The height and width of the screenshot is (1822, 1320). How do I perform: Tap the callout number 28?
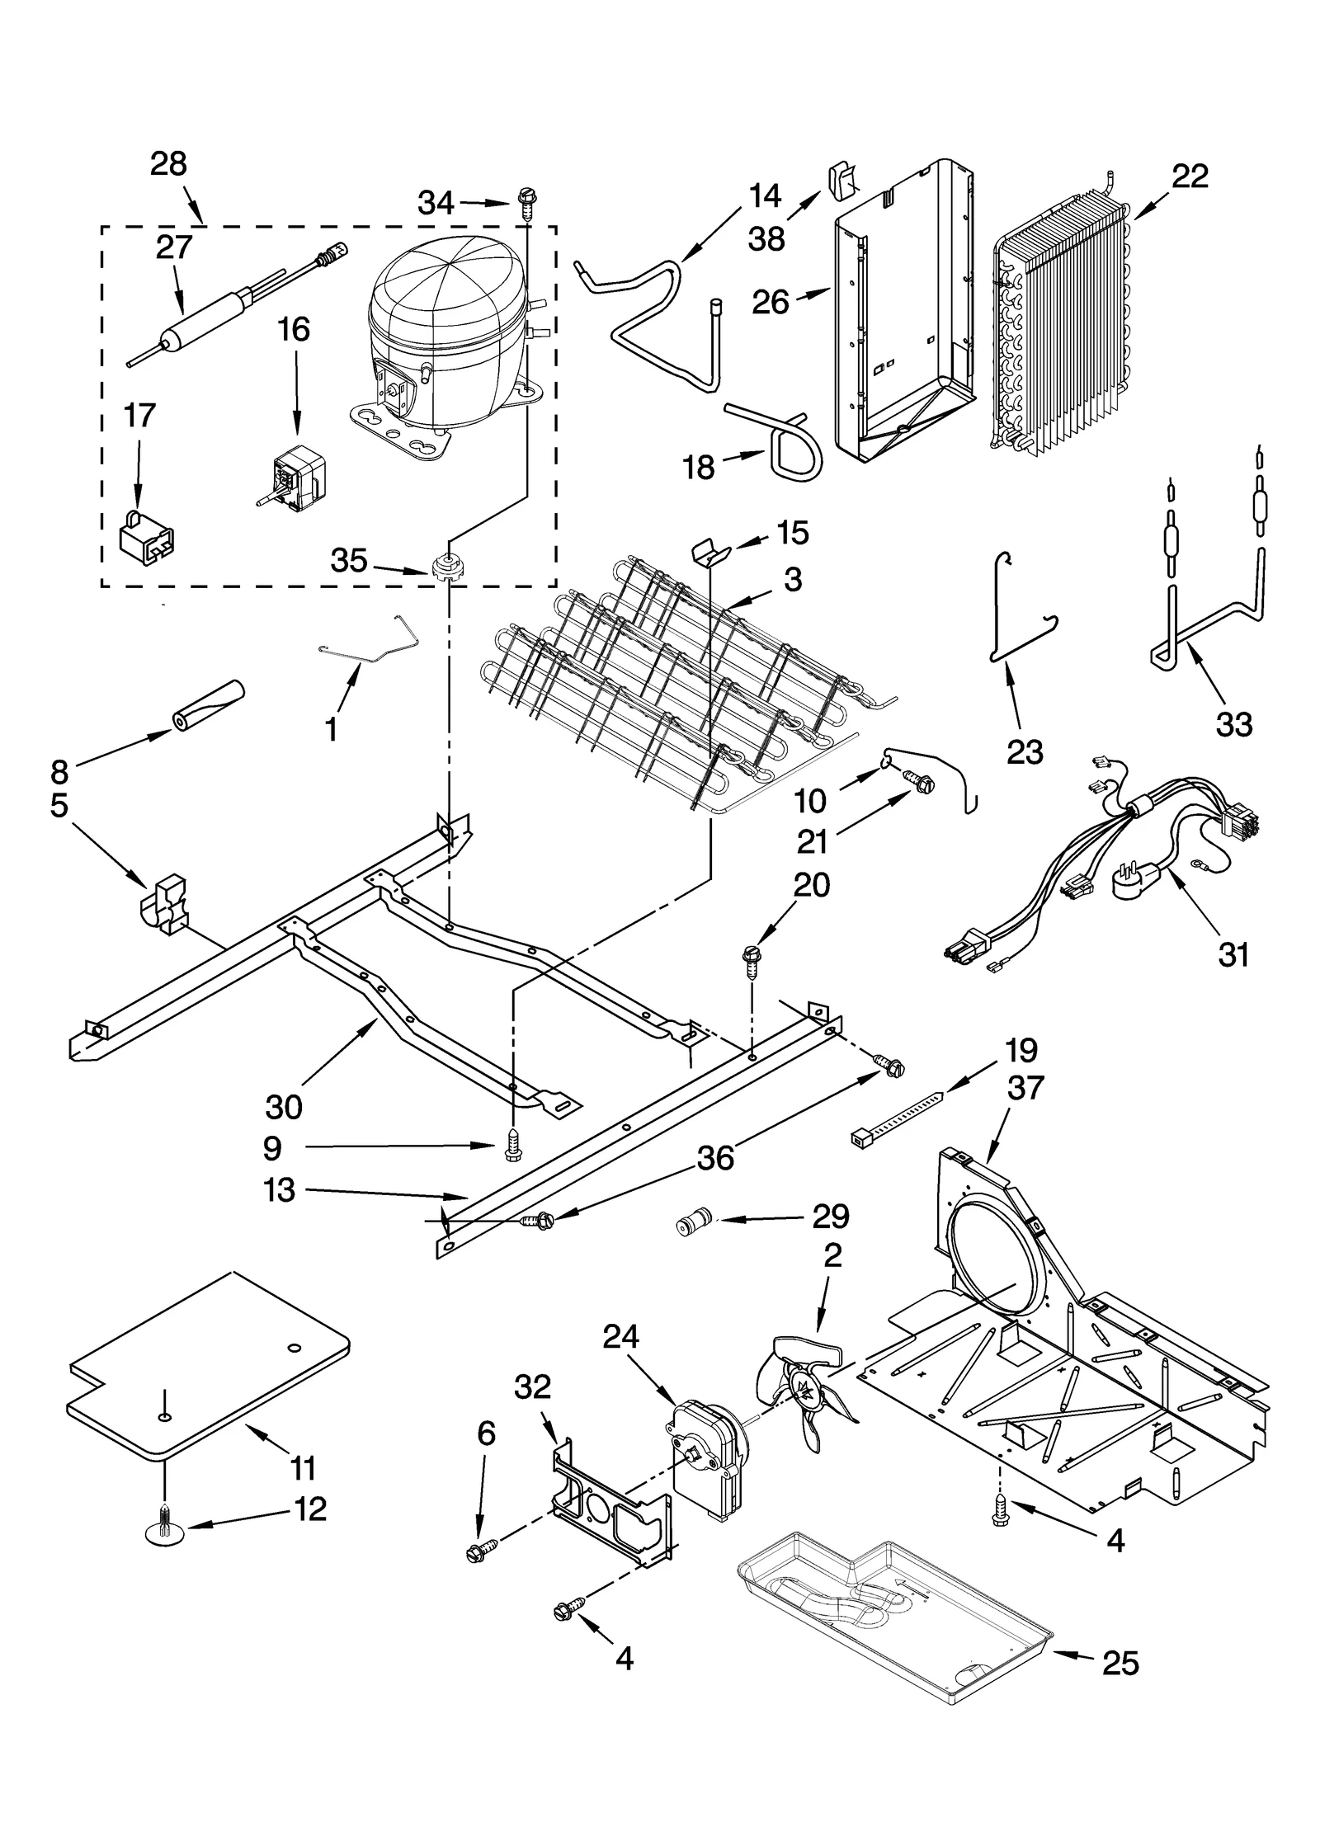pos(168,164)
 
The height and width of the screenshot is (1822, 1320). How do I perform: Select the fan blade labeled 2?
pos(804,1394)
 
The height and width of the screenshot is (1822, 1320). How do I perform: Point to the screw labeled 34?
pos(526,201)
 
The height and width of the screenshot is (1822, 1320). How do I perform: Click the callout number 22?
pos(1189,176)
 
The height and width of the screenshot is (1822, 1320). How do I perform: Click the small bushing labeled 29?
pos(691,1223)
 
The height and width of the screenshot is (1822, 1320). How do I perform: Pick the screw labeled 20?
pos(752,960)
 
